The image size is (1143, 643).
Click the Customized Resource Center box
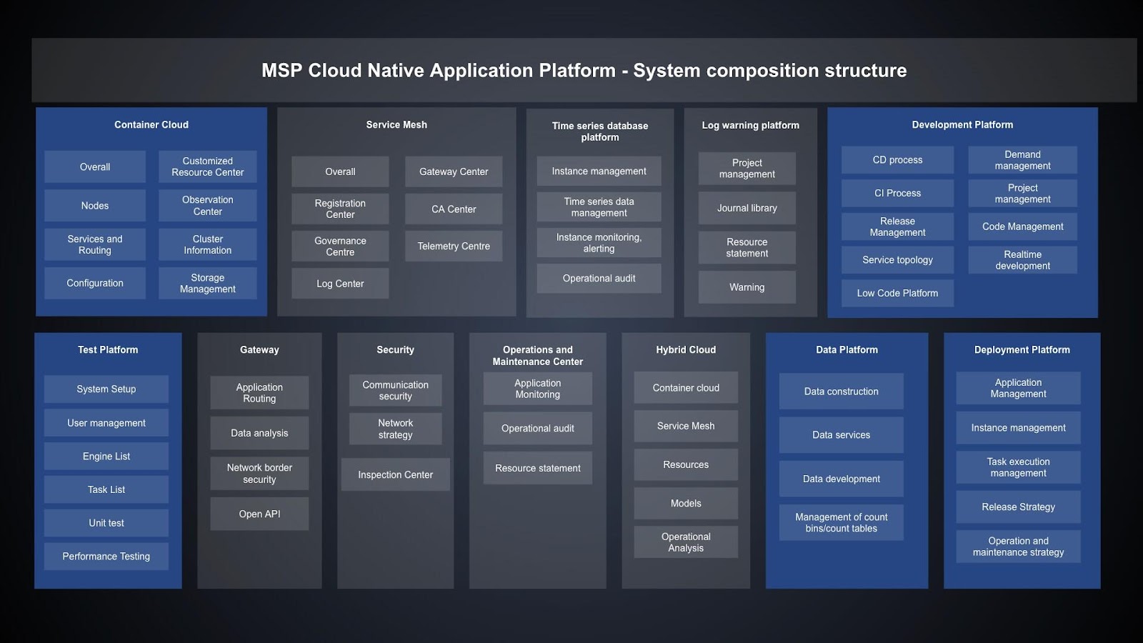pos(207,166)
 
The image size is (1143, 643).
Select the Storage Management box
pos(207,283)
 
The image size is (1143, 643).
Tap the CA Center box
pos(454,209)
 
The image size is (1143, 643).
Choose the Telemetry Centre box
pos(454,246)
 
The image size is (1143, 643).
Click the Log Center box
pos(340,284)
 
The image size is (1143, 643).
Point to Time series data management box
pos(599,207)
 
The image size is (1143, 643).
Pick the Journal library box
pos(747,208)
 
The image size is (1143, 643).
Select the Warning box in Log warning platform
pos(747,287)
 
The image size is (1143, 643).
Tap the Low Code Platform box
pos(897,293)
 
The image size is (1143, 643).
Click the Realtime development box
pos(1022,260)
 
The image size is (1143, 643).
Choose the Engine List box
pos(106,456)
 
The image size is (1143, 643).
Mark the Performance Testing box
pos(106,556)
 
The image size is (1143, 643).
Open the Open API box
pos(259,514)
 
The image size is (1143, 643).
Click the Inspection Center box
pos(395,474)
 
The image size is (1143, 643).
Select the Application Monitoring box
pos(537,389)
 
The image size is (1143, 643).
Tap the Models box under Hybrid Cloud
pos(686,503)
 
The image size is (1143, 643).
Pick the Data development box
pos(841,479)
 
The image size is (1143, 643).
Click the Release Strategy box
pos(1018,507)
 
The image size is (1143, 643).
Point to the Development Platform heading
pos(962,124)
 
